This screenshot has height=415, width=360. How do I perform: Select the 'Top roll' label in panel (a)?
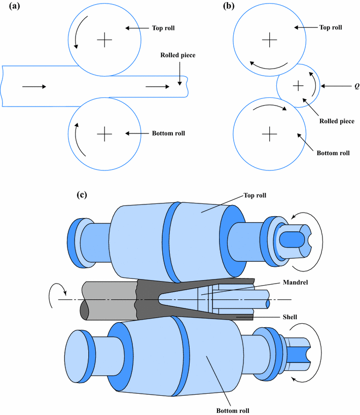163,28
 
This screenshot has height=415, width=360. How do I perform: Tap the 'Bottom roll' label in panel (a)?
168,133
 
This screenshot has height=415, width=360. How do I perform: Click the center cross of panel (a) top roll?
104,39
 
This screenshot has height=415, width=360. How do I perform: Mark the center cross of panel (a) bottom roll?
104,134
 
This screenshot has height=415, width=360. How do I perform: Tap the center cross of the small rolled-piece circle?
298,86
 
